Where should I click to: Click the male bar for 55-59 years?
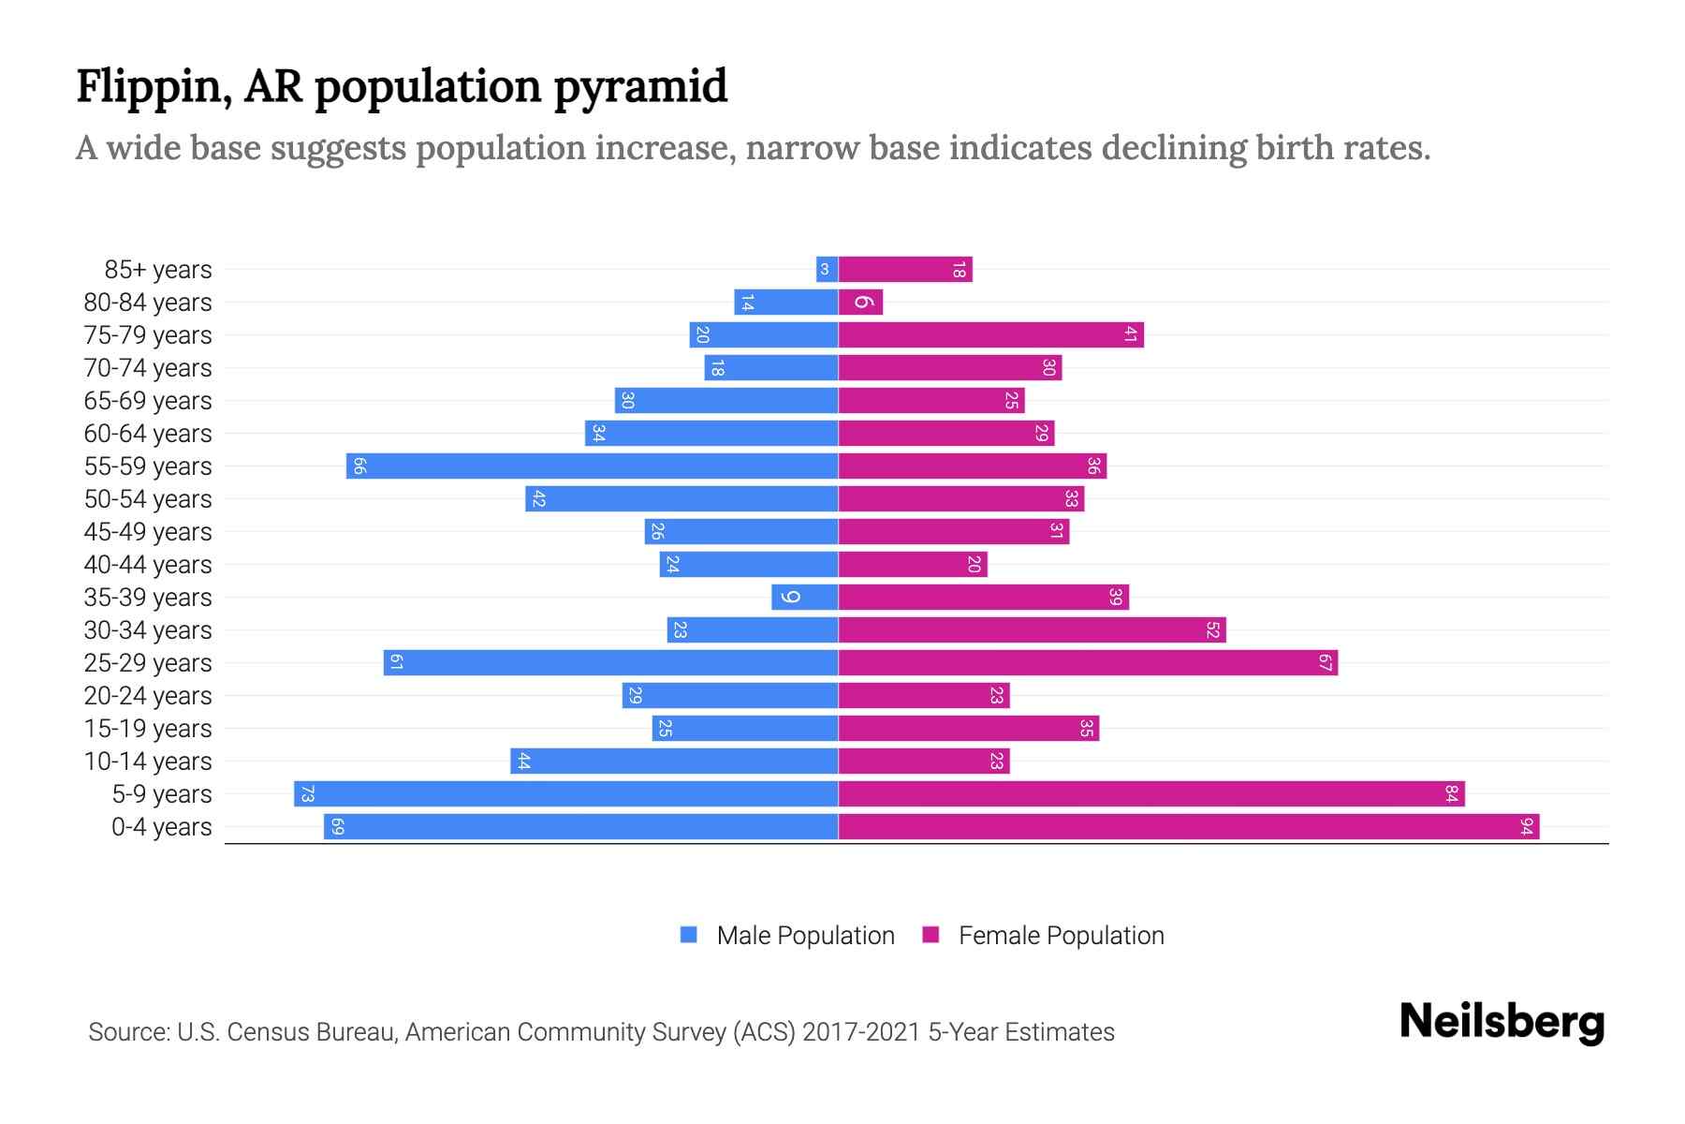click(592, 466)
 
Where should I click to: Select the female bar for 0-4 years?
click(1189, 827)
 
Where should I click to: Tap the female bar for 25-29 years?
click(1088, 663)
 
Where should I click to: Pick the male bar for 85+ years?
click(827, 270)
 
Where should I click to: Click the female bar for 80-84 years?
click(861, 303)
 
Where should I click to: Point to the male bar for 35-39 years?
click(805, 598)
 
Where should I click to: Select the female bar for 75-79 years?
click(990, 335)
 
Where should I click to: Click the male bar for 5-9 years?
click(566, 794)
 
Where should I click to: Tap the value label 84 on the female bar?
click(1451, 794)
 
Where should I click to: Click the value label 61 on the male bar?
click(396, 663)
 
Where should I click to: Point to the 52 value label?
click(1212, 630)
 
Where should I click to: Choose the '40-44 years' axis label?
click(148, 565)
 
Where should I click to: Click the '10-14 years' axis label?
click(148, 762)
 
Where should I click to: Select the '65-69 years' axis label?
click(148, 401)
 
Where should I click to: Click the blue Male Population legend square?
click(689, 935)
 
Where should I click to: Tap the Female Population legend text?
click(1061, 935)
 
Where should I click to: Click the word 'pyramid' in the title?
click(640, 86)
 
